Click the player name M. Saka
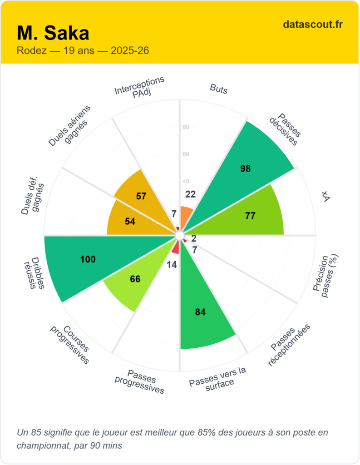coord(53,33)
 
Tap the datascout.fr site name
coord(312,24)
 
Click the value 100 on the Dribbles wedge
coord(88,259)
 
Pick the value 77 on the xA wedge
coord(250,216)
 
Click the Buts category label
coord(219,89)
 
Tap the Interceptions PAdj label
coord(139,86)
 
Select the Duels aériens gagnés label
coord(70,126)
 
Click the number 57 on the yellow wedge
coord(141,196)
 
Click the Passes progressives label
coord(140,381)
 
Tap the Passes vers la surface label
coord(218,376)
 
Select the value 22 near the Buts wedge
coord(191,194)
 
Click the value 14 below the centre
coord(172,265)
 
